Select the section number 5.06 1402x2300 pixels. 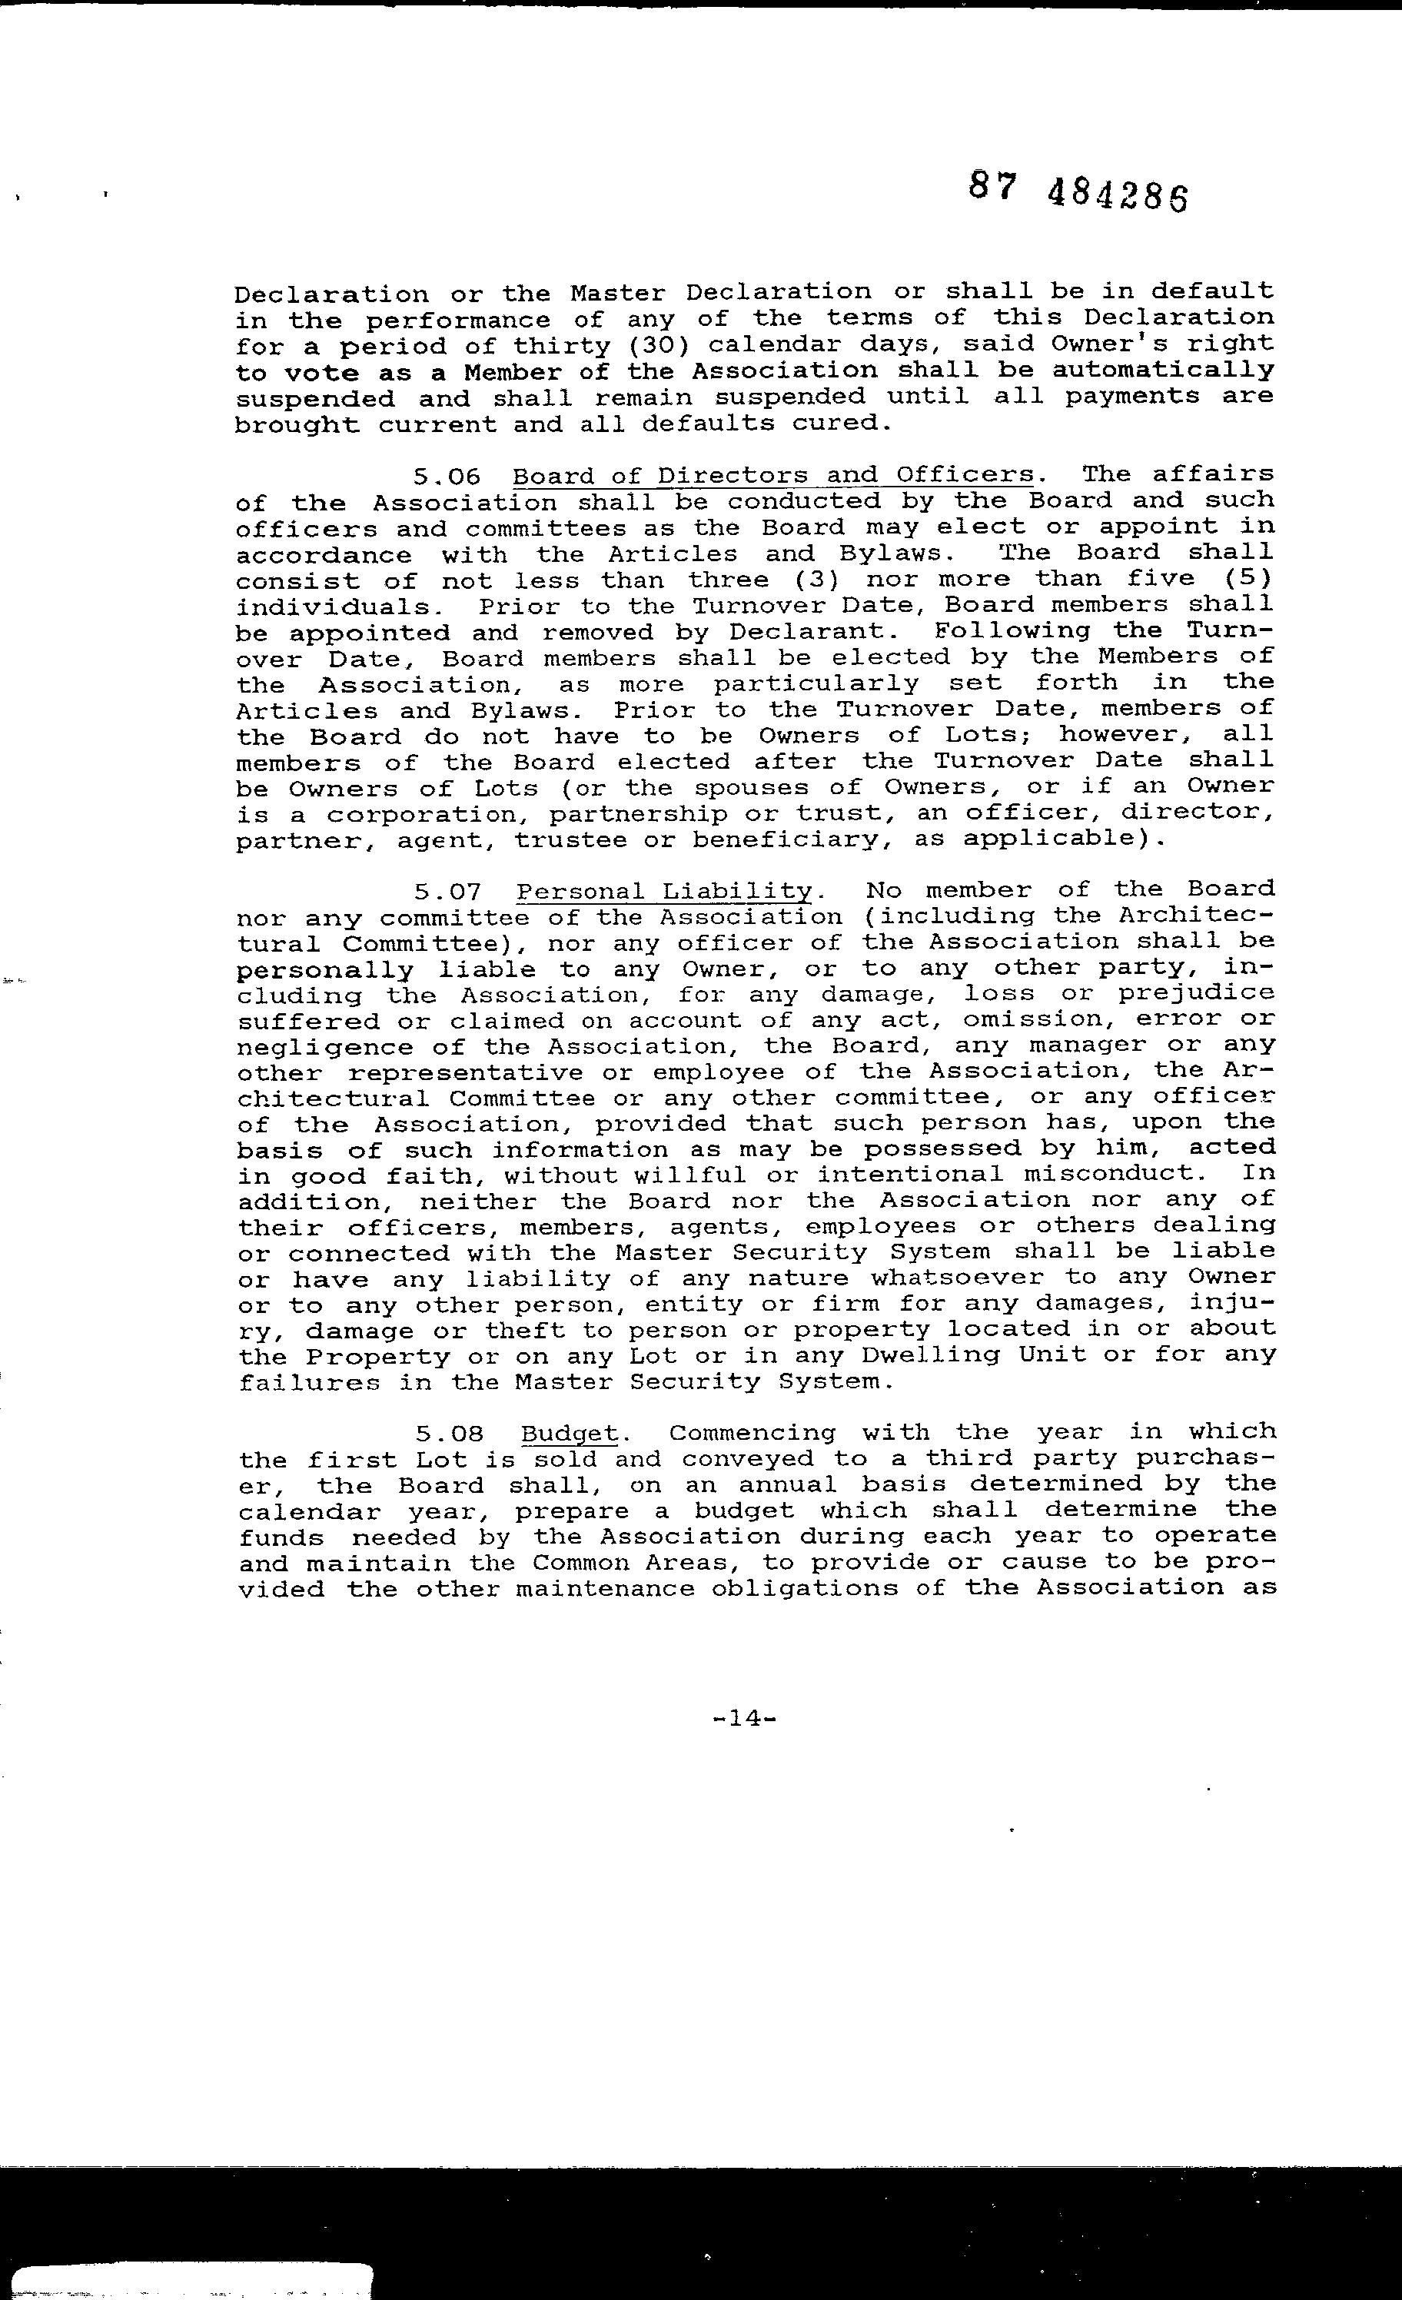click(x=446, y=476)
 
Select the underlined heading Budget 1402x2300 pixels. click(x=570, y=1433)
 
